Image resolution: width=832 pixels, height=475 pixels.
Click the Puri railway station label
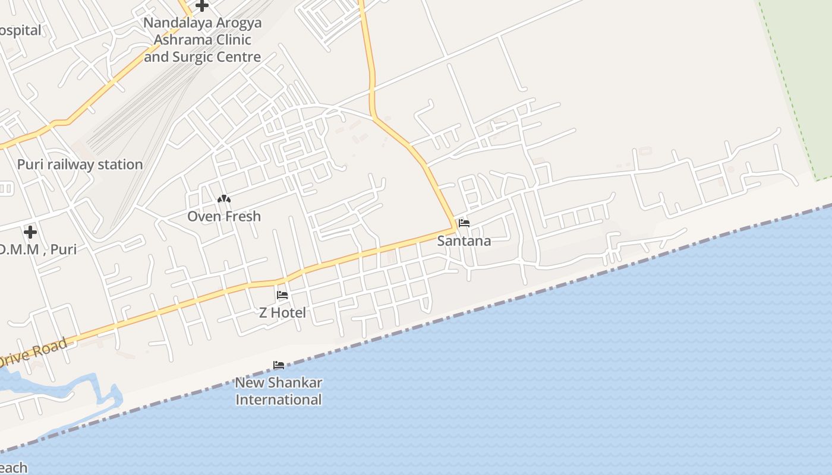coord(80,164)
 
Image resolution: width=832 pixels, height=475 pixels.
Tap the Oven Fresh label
coord(224,216)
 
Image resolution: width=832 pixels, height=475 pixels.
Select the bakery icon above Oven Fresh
coord(224,199)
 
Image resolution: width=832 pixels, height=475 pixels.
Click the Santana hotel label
coord(464,240)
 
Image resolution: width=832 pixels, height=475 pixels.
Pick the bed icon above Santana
coord(464,223)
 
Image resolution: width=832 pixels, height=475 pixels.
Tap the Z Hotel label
coord(282,312)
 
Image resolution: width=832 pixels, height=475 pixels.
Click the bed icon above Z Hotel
coord(282,295)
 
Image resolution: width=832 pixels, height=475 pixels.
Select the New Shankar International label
coord(279,391)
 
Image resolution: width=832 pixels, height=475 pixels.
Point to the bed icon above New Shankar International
coord(279,365)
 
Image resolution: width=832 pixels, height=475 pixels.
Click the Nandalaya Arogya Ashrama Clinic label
coord(203,40)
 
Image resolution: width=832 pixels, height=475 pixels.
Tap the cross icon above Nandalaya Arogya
coord(202,6)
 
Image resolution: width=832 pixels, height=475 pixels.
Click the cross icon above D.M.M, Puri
coord(30,232)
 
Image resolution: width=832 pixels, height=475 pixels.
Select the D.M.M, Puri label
coord(38,249)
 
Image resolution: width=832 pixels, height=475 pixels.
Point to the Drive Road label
coord(36,351)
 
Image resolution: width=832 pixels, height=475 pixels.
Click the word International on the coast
coord(279,400)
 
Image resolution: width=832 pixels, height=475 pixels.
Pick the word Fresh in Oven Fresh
coord(241,216)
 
